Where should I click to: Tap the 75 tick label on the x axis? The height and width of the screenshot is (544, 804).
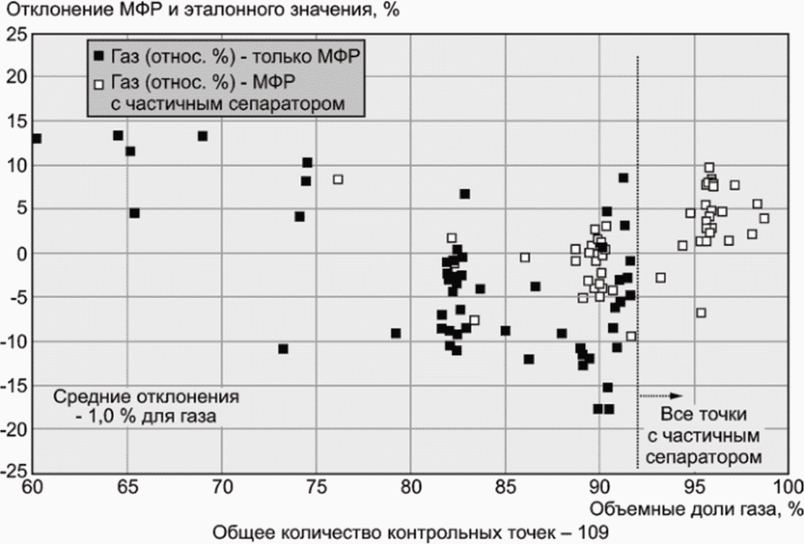[x=317, y=486]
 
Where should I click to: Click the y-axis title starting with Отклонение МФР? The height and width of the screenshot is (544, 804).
[x=202, y=10]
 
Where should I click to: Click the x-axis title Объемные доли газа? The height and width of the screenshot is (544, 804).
[x=695, y=510]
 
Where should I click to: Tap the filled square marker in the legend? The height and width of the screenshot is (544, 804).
[x=99, y=55]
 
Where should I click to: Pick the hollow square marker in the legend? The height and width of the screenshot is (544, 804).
[x=99, y=84]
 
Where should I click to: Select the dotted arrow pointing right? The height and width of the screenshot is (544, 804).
[x=662, y=396]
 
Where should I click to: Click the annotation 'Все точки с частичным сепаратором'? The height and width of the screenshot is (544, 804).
[x=703, y=435]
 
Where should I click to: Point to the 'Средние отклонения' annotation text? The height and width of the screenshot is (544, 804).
[x=146, y=397]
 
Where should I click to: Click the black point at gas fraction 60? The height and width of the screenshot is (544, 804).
[x=37, y=138]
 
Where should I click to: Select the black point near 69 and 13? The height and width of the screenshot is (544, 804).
[x=203, y=136]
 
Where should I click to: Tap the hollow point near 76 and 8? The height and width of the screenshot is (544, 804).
[x=338, y=180]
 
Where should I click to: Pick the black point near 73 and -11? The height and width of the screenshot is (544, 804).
[x=283, y=349]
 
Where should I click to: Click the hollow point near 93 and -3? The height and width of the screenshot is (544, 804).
[x=661, y=278]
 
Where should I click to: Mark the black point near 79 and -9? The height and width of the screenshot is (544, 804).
[x=395, y=334]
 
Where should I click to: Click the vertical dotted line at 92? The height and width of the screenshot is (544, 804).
[x=637, y=261]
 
